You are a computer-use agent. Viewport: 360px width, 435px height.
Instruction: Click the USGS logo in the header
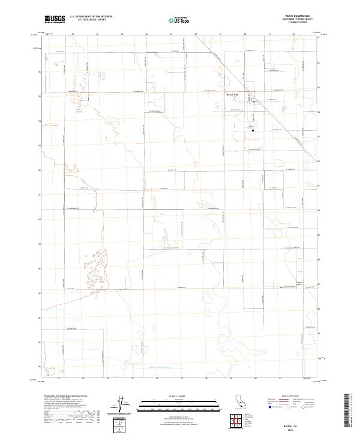pyautogui.click(x=54, y=19)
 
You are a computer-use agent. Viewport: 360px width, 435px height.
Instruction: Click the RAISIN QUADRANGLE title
pyautogui.click(x=301, y=16)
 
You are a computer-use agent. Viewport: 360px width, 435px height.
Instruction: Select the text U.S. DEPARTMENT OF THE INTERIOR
pyautogui.click(x=91, y=17)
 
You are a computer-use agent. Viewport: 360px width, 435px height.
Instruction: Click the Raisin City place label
pyautogui.click(x=232, y=95)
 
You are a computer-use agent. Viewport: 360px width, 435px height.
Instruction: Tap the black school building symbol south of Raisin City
pyautogui.click(x=253, y=130)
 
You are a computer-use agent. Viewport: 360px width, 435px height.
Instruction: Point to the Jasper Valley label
pyautogui.click(x=290, y=286)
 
